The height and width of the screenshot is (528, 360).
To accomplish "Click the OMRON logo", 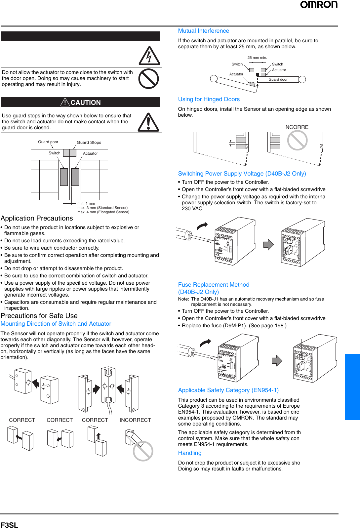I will point(319,5).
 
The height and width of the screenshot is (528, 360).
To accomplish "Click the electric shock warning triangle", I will point(149,56).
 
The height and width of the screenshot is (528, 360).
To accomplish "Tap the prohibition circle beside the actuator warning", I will point(148,79).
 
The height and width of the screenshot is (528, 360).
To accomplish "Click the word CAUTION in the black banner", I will point(85,102).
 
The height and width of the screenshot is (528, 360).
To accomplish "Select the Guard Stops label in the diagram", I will point(89,142).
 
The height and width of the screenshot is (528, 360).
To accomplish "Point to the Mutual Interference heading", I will point(203,31).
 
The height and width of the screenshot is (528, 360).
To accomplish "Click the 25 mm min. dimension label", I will point(257,58).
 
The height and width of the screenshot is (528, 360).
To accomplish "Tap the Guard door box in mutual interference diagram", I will point(278,79).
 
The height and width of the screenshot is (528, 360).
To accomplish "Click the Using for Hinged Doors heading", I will point(209,99).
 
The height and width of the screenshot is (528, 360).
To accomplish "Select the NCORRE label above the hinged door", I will point(297,127).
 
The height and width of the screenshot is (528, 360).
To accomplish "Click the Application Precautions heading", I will point(37,218).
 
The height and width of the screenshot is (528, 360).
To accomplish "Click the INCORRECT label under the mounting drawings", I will point(135,420).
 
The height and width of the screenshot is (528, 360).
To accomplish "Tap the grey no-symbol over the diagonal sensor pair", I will point(143,451).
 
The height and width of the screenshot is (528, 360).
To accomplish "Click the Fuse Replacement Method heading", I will point(214,285).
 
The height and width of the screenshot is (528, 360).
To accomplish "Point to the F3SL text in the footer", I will point(9,525).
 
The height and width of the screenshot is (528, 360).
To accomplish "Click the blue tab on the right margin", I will point(352,387).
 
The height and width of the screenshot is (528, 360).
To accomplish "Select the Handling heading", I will point(189,453).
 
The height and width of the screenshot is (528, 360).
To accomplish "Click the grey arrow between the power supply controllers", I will point(268,245).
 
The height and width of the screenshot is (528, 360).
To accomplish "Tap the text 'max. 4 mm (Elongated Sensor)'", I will point(103,212).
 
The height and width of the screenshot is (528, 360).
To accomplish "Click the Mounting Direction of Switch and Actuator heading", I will point(56,324).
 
